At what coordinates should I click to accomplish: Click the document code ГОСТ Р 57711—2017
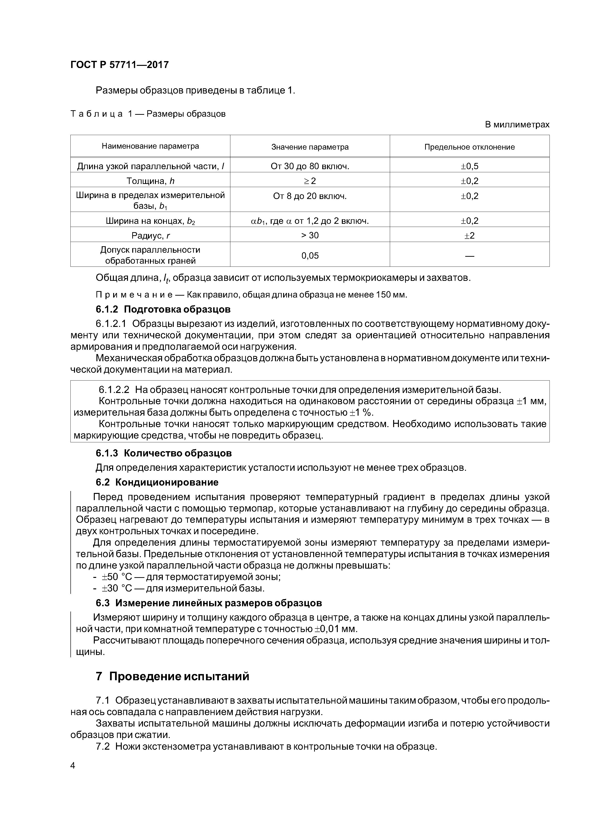(x=119, y=65)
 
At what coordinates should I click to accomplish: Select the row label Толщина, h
(x=150, y=181)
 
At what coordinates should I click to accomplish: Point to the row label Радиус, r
(x=150, y=235)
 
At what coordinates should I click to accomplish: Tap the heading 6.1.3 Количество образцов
(x=164, y=453)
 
